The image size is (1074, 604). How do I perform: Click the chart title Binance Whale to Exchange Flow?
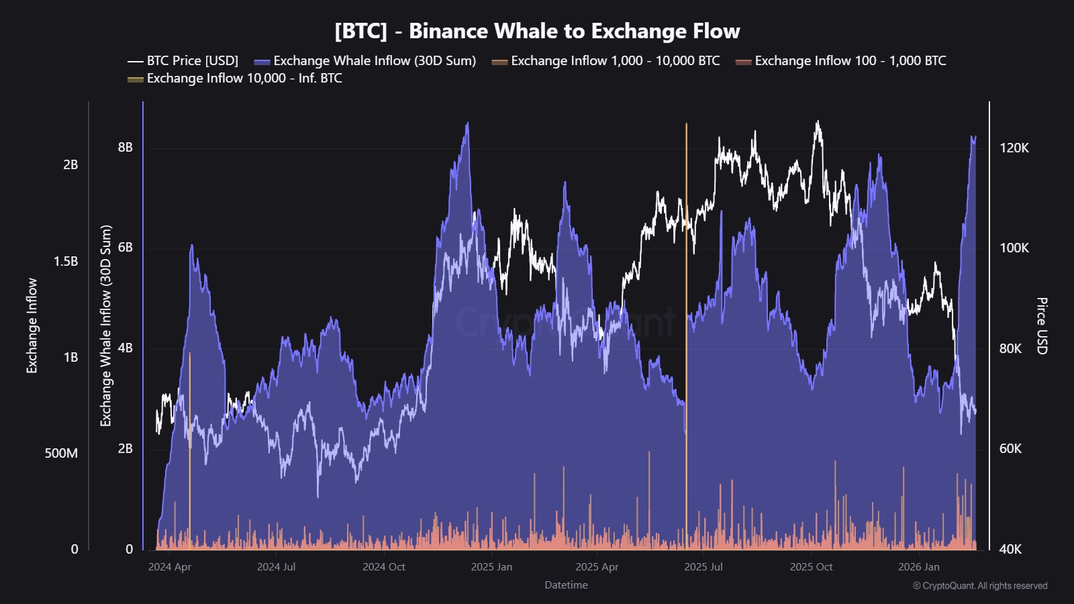click(x=537, y=31)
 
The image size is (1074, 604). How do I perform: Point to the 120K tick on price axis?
click(x=1014, y=148)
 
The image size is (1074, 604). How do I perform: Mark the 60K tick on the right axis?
click(x=1010, y=448)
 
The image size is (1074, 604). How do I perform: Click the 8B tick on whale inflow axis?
click(x=126, y=147)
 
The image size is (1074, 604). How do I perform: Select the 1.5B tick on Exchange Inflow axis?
click(x=66, y=261)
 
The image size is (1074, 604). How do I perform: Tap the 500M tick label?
click(x=61, y=453)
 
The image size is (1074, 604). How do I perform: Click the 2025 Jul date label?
click(x=703, y=566)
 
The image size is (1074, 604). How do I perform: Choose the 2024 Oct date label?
click(x=384, y=566)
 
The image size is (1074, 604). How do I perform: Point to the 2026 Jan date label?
click(x=918, y=566)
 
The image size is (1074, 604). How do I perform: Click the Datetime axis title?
click(x=566, y=585)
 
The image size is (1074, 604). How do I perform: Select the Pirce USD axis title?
click(x=1041, y=325)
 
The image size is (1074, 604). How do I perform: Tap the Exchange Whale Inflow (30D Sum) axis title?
click(x=106, y=325)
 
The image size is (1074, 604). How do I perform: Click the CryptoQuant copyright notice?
click(x=980, y=586)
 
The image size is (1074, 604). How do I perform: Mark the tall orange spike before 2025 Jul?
click(x=686, y=268)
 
